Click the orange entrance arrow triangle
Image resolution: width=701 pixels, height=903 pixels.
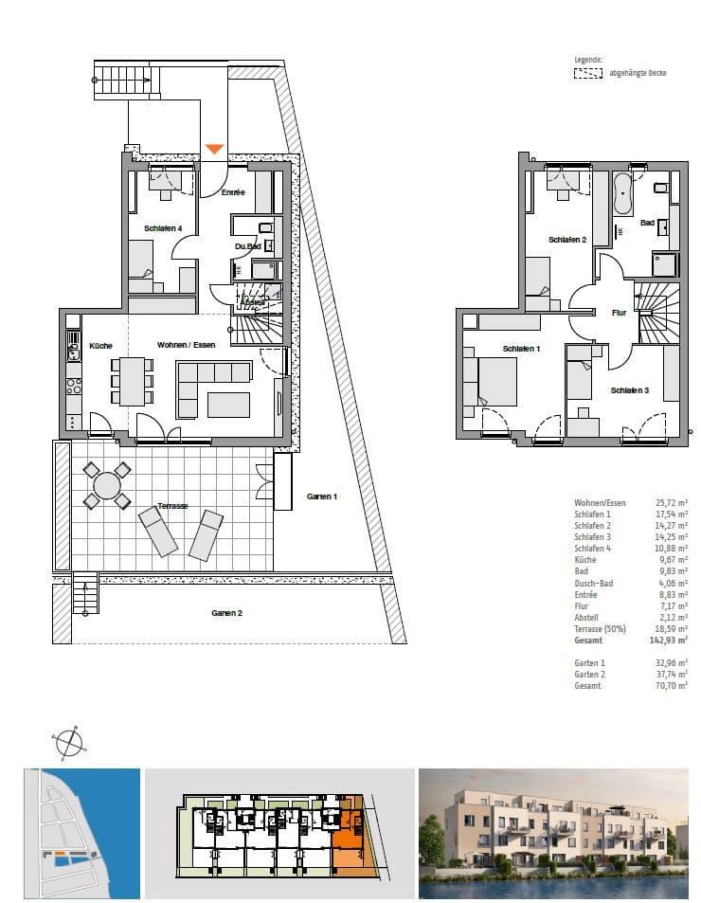(215, 149)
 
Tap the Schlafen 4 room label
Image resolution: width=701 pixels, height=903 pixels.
(170, 228)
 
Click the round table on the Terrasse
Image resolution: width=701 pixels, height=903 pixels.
(107, 485)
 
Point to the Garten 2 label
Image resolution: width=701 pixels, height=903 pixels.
(226, 613)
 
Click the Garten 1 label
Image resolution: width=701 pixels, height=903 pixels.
(322, 497)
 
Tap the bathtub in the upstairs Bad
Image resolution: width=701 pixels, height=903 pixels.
(623, 193)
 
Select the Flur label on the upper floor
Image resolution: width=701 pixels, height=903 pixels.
(619, 311)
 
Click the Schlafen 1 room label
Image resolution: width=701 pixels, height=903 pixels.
(521, 349)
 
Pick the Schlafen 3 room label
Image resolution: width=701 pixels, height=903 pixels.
(629, 390)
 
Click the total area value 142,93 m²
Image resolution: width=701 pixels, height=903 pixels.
(670, 641)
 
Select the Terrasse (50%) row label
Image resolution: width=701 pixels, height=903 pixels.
(602, 629)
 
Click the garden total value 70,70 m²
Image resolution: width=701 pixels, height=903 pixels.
(670, 685)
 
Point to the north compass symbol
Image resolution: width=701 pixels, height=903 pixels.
(68, 743)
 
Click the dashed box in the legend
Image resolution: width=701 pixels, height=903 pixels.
(588, 72)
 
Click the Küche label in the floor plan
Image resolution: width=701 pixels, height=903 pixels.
(100, 346)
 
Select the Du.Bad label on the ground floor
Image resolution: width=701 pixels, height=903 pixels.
(247, 247)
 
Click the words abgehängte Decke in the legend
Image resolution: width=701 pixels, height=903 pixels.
(638, 72)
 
